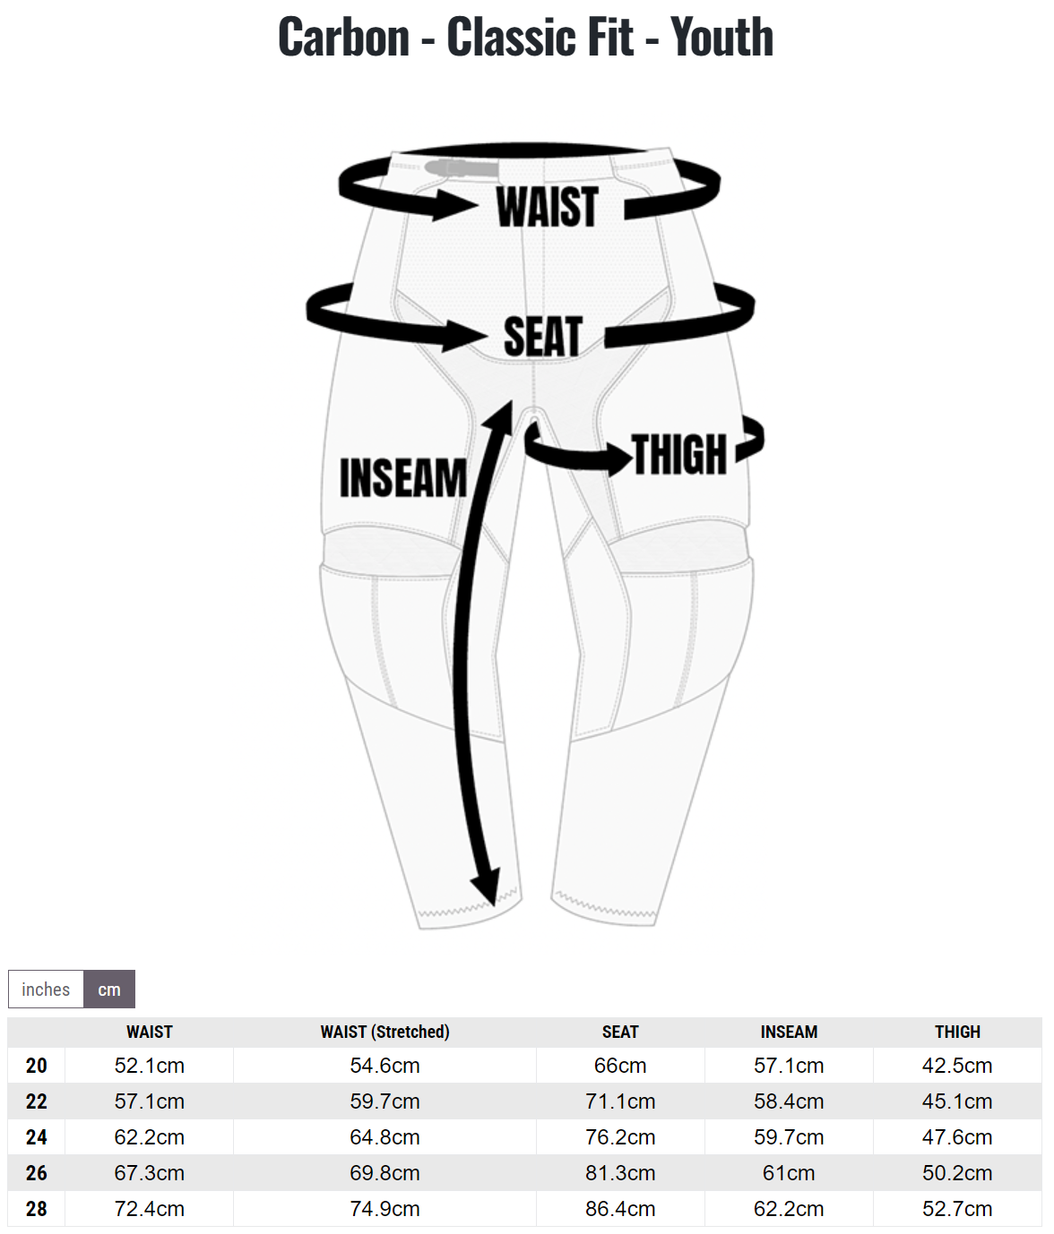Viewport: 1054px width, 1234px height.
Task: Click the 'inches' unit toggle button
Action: [46, 990]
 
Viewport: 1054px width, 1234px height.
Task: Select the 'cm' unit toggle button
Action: [109, 990]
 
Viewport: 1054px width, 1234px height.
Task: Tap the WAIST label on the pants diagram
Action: [548, 207]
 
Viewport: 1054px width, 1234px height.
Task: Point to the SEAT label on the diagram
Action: [542, 337]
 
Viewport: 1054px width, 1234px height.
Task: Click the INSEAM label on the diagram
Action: [403, 477]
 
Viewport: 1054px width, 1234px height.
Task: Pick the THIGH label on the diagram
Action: [679, 454]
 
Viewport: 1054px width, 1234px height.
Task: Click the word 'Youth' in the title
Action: [721, 37]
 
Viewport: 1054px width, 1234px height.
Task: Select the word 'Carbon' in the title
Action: [344, 37]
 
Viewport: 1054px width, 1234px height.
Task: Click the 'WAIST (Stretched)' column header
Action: [384, 1033]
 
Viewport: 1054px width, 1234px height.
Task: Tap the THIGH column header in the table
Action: [957, 1033]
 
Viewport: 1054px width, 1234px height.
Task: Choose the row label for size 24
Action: [37, 1137]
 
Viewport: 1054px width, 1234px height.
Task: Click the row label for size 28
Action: [37, 1209]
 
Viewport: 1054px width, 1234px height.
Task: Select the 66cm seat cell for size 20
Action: [620, 1066]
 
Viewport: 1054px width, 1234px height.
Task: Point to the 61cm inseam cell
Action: [789, 1173]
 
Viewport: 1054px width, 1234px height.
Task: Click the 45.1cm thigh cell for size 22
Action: [957, 1101]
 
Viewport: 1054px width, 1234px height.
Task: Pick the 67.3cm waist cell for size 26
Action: [150, 1173]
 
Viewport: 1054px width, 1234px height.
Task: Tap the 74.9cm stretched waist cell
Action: [384, 1209]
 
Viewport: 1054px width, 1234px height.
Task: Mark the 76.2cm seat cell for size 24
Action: [620, 1137]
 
